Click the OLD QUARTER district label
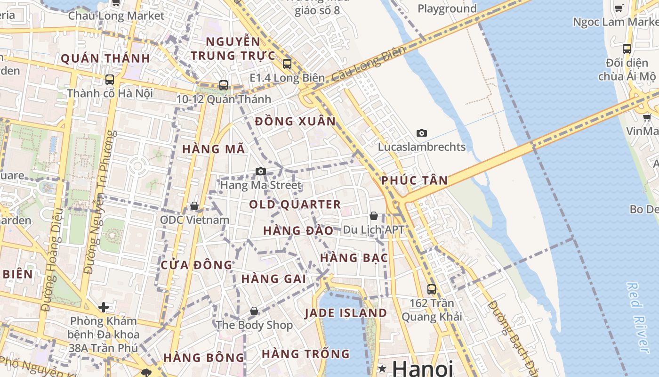[x=295, y=205]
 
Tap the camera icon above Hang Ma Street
[x=260, y=171]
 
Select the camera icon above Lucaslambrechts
[x=422, y=133]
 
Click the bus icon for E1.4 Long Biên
[x=287, y=64]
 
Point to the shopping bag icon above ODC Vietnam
[x=194, y=206]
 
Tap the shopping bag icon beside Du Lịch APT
[x=374, y=216]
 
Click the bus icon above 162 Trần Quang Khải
[x=431, y=289]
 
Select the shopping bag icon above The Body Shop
[x=254, y=311]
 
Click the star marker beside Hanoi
[x=382, y=368]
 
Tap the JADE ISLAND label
[x=346, y=313]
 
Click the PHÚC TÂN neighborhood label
[x=414, y=180]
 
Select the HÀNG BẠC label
[x=354, y=258]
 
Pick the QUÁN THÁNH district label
[x=105, y=59]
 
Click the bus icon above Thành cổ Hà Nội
[x=110, y=79]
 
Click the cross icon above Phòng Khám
[x=104, y=308]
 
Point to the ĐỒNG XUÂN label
[x=295, y=122]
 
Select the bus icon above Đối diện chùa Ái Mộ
[x=627, y=49]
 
